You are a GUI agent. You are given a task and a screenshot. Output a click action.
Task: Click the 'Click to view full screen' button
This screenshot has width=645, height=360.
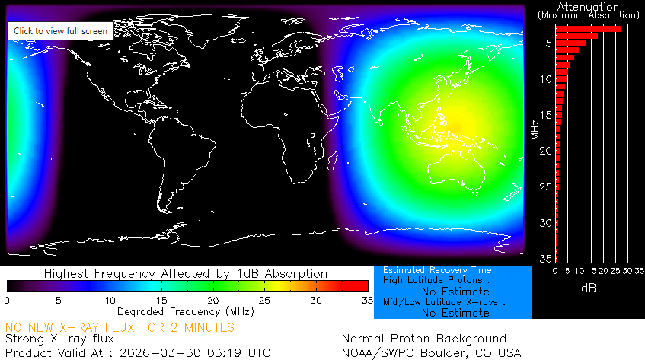click(x=61, y=30)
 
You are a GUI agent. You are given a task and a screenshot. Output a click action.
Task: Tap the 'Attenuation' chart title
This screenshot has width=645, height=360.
click(x=589, y=6)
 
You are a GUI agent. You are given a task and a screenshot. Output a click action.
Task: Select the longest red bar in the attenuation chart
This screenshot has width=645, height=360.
click(x=588, y=29)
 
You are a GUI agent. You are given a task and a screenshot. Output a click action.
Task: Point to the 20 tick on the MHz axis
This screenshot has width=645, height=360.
click(x=545, y=151)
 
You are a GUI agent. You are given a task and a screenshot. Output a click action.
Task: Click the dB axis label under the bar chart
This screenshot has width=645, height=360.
click(x=589, y=289)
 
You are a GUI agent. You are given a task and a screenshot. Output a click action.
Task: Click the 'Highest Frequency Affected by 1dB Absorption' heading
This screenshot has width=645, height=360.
click(x=186, y=273)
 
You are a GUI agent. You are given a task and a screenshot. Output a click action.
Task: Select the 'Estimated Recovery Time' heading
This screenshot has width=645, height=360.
click(x=437, y=270)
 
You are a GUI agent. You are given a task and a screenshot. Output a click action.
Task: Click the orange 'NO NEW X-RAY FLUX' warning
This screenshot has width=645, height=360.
click(x=120, y=327)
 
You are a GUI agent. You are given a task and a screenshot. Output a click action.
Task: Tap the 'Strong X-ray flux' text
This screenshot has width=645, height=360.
click(x=59, y=339)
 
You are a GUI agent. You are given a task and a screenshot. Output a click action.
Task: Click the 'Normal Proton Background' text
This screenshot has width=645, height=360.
click(x=423, y=339)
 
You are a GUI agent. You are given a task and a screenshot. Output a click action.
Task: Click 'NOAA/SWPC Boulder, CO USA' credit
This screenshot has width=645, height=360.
click(x=431, y=353)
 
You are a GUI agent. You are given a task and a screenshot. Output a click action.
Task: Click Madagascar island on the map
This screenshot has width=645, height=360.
click(x=330, y=162)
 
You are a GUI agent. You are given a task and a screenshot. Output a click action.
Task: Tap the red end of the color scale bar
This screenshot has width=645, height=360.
click(x=362, y=285)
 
